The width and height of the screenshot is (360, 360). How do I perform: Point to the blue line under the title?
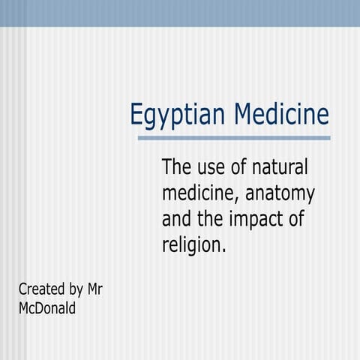(234, 138)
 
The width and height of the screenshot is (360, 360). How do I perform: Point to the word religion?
(191, 245)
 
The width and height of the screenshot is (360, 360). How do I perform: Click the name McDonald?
(46, 307)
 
